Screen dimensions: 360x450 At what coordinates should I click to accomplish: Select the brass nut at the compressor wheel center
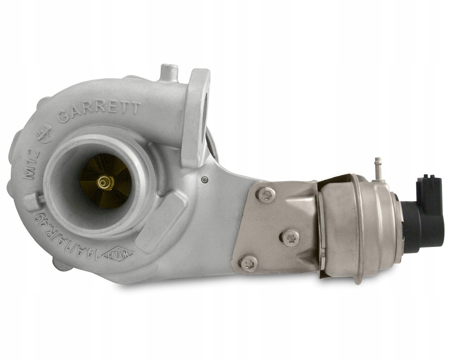[104, 182]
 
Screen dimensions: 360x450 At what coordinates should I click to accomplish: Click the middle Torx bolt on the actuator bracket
[290, 237]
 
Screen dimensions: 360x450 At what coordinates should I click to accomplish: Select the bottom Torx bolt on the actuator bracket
[249, 263]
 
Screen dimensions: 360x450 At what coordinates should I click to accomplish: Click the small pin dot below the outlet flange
[204, 179]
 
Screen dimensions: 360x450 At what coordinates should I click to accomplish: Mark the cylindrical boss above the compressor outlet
[169, 73]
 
